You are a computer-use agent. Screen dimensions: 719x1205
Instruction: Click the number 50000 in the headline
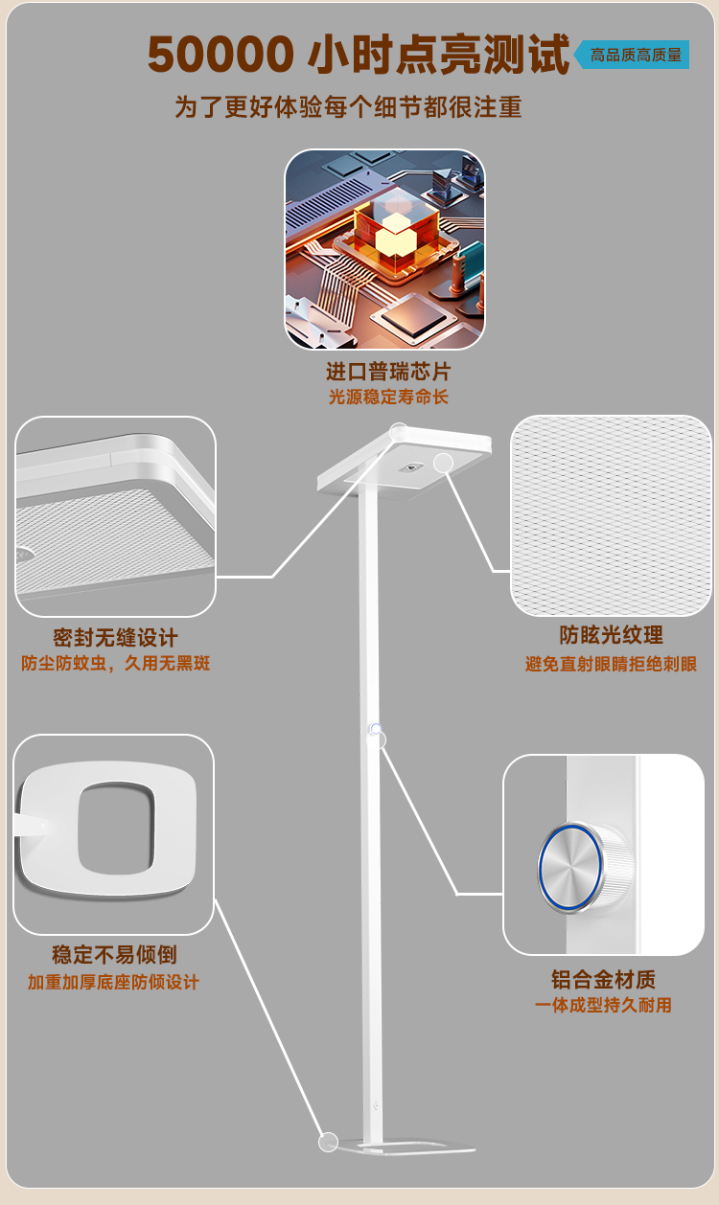point(220,56)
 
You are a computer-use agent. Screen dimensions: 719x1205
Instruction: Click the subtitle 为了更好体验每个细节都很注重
point(348,106)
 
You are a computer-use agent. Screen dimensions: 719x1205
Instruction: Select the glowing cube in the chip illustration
point(392,231)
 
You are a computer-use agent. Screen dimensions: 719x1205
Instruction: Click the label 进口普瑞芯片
point(387,372)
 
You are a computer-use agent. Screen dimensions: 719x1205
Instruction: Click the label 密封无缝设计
point(115,638)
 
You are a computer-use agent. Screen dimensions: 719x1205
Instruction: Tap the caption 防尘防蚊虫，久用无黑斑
point(116,663)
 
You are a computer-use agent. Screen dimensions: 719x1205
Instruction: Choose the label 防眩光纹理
point(611,635)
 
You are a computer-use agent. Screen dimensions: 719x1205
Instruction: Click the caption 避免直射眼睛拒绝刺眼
point(611,664)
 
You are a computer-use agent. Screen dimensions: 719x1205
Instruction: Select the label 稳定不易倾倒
point(114,955)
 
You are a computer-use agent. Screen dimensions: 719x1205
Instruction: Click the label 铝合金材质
point(603,979)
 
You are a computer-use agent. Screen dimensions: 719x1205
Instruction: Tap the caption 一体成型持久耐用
point(603,1005)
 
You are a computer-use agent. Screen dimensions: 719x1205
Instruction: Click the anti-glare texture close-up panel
point(611,515)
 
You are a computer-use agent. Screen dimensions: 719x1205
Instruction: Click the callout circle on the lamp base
point(328,1142)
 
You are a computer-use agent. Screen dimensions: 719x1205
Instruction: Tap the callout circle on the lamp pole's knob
point(376,739)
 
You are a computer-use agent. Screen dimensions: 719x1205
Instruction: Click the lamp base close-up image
point(113,834)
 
